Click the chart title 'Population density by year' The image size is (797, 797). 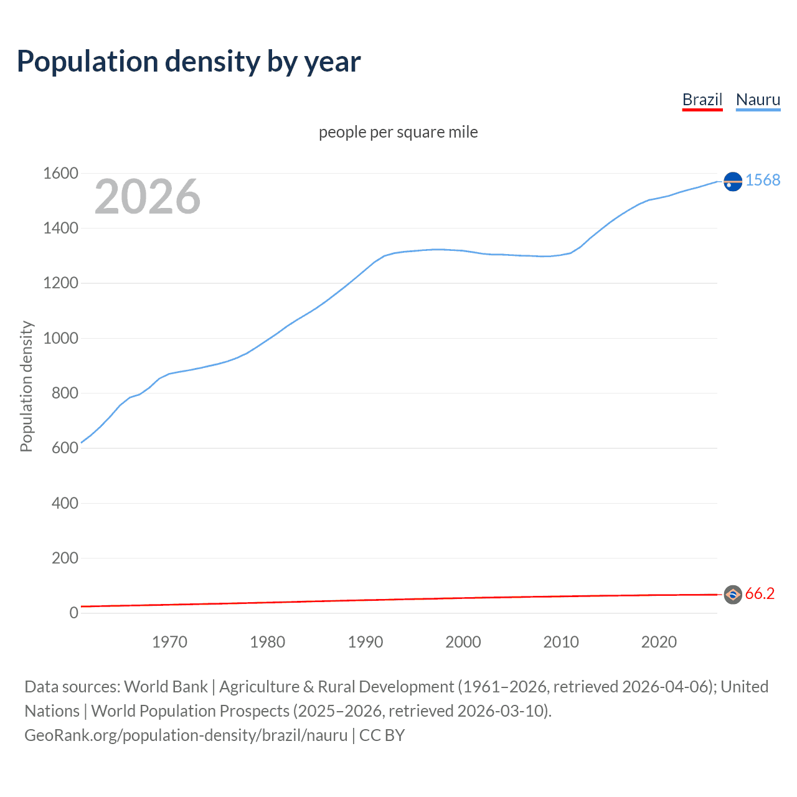tap(189, 61)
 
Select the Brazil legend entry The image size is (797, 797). tap(702, 100)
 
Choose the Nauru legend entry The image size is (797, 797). tap(758, 100)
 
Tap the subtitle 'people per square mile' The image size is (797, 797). tap(398, 132)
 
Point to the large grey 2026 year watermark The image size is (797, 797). tap(148, 197)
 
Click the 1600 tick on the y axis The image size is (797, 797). tap(60, 173)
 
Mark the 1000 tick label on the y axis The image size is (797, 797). tap(60, 338)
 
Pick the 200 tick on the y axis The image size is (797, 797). tap(65, 558)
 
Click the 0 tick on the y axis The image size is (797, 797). tap(73, 613)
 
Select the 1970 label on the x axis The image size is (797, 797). tap(169, 642)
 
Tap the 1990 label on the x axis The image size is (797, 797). tap(365, 642)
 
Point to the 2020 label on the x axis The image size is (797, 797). tap(659, 642)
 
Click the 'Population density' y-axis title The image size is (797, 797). tap(26, 386)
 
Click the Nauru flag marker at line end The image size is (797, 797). tap(733, 181)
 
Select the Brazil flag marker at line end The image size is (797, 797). tap(733, 595)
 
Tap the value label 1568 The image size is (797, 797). tap(763, 180)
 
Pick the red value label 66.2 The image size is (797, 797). tap(760, 594)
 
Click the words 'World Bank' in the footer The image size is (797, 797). tap(166, 686)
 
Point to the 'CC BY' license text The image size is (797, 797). tap(382, 735)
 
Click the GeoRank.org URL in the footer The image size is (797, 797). tap(186, 735)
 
